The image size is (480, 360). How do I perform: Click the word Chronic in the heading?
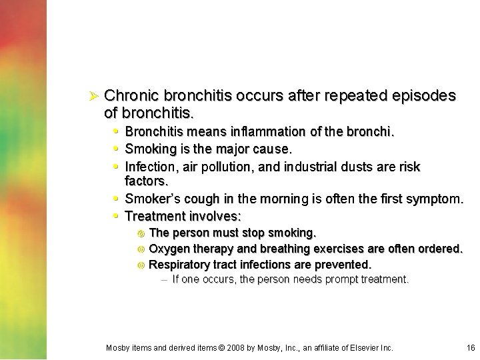131,96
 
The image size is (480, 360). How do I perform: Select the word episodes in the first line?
426,96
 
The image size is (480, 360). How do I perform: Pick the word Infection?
151,167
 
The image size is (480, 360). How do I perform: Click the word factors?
146,181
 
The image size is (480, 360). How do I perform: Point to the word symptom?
436,199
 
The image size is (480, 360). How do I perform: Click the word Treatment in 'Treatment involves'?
155,216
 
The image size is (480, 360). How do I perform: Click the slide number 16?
471,348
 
